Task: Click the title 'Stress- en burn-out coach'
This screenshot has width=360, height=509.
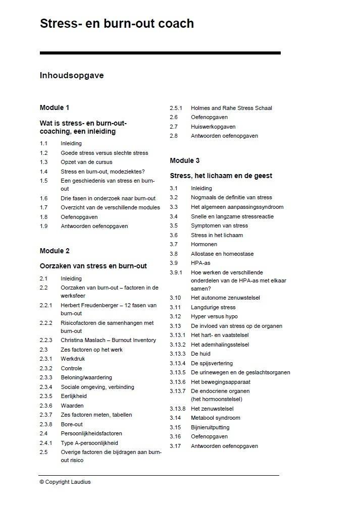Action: pos(117,24)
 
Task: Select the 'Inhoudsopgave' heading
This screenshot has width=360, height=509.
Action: pos(72,76)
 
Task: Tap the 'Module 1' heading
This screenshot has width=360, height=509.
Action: pos(55,107)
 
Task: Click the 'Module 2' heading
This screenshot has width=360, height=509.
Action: pos(55,251)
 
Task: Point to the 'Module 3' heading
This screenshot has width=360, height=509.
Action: pos(185,160)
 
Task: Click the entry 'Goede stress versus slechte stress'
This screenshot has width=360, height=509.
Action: pos(105,153)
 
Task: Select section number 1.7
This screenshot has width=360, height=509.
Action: pos(43,207)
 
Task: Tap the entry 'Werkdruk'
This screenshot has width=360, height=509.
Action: pos(73,359)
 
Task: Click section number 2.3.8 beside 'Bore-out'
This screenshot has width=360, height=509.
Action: pos(46,424)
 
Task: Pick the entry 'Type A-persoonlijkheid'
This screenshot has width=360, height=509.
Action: pos(89,443)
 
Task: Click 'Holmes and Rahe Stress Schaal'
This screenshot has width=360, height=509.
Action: pos(231,108)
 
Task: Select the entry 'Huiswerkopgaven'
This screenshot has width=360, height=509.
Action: pos(213,127)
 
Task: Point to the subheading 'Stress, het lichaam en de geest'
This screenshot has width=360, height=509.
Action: pos(221,176)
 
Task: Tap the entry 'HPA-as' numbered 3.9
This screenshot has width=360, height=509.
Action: pos(200,263)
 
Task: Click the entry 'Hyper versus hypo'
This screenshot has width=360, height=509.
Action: pos(214,317)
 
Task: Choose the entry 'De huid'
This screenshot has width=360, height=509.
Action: pos(200,354)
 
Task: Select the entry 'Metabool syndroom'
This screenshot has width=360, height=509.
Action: pos(216,418)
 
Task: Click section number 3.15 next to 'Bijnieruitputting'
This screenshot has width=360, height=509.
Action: pos(175,427)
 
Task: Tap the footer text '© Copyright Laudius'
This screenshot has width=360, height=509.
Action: pos(65,482)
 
